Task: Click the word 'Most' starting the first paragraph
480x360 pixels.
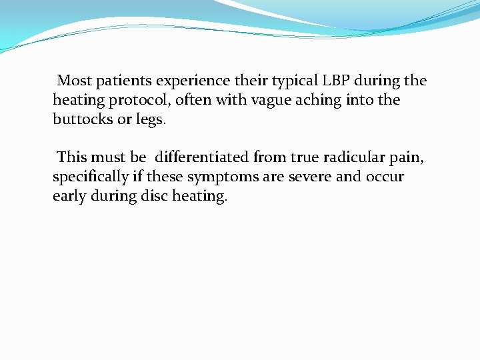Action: click(x=74, y=81)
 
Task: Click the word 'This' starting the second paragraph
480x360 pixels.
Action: click(x=73, y=158)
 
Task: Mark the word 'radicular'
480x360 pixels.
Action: click(x=352, y=158)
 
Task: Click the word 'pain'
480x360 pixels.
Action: click(x=407, y=158)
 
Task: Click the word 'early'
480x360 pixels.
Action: click(x=69, y=197)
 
